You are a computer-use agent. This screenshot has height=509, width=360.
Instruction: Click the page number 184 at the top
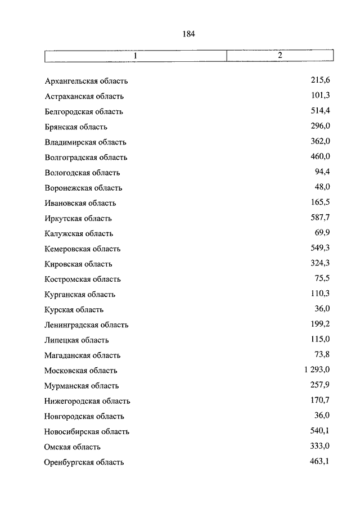click(188, 34)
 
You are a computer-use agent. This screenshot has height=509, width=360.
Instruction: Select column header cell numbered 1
click(135, 56)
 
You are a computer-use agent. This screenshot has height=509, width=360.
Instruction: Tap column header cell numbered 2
click(280, 56)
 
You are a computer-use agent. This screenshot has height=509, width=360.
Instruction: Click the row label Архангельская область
click(87, 82)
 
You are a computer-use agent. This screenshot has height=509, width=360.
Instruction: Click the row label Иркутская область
click(78, 218)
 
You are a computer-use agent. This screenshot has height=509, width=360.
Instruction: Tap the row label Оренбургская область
click(84, 462)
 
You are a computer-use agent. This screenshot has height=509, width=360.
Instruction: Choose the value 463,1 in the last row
click(319, 461)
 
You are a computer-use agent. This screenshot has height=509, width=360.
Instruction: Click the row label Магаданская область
click(82, 355)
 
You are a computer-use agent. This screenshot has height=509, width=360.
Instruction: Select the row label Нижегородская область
click(87, 401)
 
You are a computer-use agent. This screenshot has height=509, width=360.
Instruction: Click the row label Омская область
click(73, 447)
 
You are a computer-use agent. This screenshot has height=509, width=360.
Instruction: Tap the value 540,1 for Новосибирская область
click(319, 431)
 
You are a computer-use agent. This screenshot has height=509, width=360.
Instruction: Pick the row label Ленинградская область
click(87, 325)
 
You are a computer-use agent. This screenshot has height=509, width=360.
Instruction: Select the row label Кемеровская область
click(83, 249)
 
